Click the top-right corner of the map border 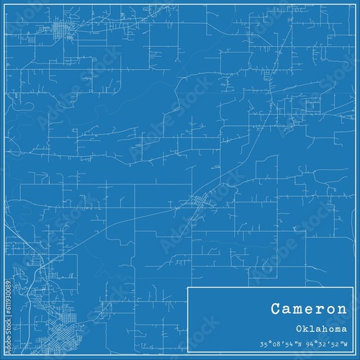pyautogui.click(x=354, y=6)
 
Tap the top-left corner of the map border pyautogui.click(x=6, y=6)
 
